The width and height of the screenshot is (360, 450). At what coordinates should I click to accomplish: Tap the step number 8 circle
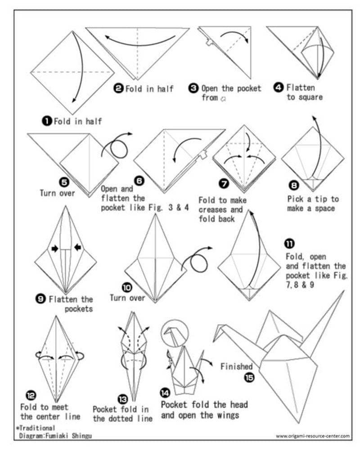[294, 185]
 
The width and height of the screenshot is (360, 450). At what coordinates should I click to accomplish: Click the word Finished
[236, 366]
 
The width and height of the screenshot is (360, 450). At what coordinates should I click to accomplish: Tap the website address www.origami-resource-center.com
[312, 436]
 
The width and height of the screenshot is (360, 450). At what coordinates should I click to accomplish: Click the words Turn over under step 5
[57, 193]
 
